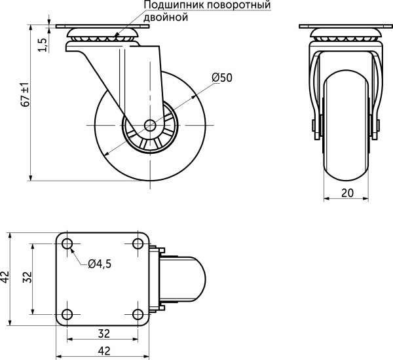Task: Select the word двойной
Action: (x=166, y=18)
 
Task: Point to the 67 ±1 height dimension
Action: (x=25, y=95)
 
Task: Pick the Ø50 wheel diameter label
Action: (x=222, y=77)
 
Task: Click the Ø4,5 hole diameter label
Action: (x=99, y=264)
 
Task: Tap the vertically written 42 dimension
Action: (x=6, y=278)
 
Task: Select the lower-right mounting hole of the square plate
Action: (x=138, y=312)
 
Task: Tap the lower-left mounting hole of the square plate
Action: (x=68, y=312)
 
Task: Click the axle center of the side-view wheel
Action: (x=150, y=124)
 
